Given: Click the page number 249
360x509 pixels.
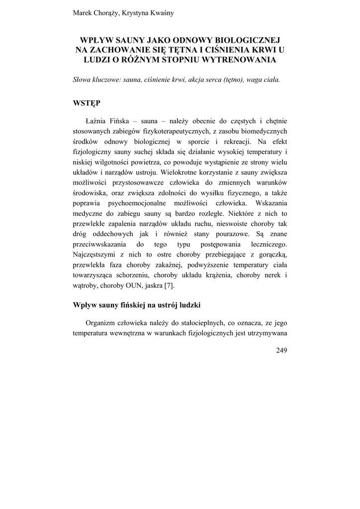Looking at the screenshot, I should coord(281,350).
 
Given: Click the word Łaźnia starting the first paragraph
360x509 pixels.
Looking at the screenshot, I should coord(97,121).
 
